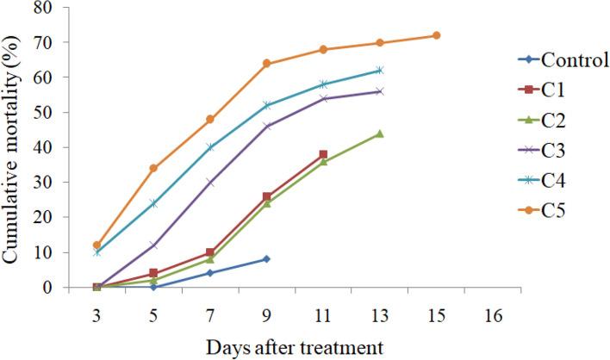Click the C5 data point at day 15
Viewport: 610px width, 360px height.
(x=436, y=35)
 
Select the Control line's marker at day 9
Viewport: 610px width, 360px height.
(x=266, y=258)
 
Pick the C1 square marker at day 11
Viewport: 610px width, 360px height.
(x=323, y=154)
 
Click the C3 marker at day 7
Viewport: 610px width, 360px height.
(x=210, y=182)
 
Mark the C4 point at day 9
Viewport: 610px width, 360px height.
(x=266, y=105)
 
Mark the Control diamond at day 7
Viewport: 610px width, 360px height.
(x=210, y=273)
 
